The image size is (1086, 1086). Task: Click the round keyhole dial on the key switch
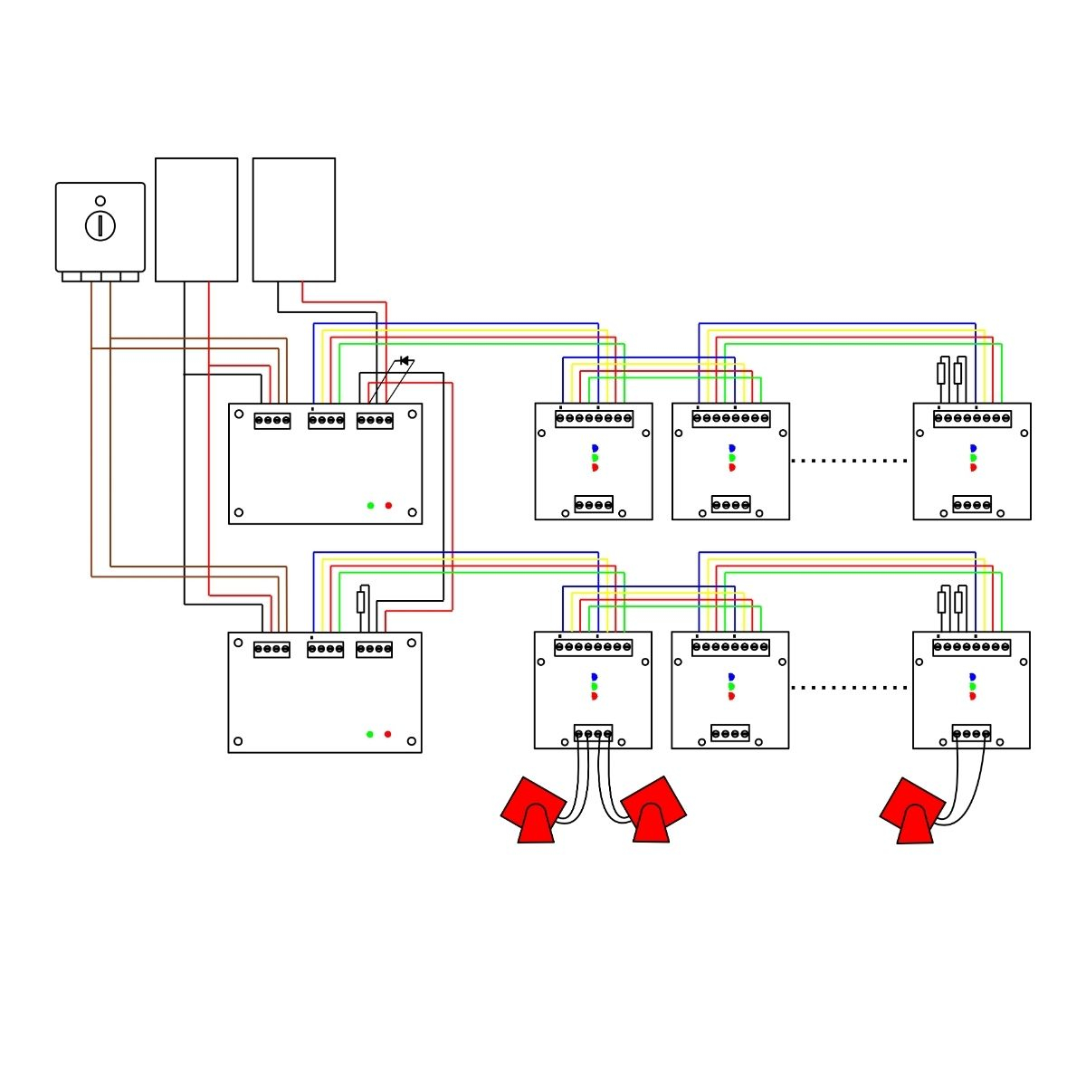point(100,225)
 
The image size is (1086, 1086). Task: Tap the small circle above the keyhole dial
point(100,201)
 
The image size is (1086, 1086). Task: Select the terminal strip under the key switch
point(100,277)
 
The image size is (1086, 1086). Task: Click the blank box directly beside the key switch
point(196,220)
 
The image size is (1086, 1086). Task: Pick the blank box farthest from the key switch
point(294,220)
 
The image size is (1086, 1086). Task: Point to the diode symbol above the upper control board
point(404,361)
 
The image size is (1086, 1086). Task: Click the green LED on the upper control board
point(370,505)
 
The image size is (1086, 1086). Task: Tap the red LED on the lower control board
point(387,734)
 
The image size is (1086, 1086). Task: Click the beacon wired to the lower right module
point(913,812)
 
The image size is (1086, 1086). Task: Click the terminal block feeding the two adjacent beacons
point(594,733)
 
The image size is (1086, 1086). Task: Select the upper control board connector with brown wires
point(272,421)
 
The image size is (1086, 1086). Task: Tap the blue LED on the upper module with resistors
point(974,448)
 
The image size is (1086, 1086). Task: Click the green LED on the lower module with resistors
point(973,686)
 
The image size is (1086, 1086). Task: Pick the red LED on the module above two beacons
point(595,696)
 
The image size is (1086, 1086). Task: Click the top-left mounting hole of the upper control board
point(239,414)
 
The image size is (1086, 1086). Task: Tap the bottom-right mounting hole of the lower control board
point(412,741)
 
